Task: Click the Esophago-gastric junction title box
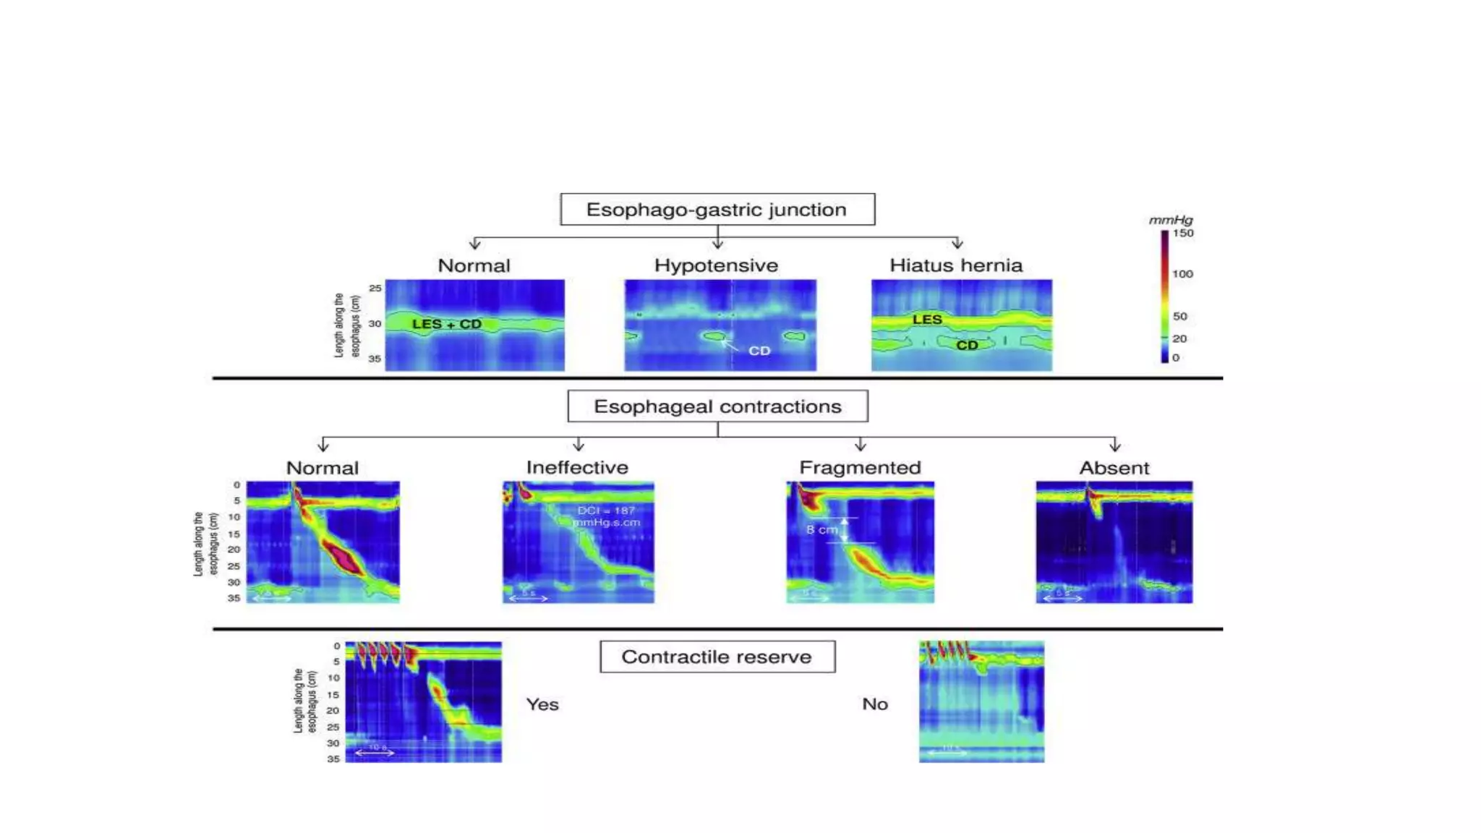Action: point(717,210)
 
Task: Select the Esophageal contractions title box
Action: point(717,406)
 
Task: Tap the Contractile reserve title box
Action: point(717,657)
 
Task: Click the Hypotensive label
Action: point(716,265)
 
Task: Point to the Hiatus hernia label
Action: point(956,265)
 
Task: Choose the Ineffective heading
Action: point(577,468)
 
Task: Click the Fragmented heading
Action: point(860,468)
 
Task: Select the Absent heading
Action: point(1114,468)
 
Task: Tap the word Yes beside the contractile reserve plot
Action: point(542,704)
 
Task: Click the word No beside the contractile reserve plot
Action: point(875,704)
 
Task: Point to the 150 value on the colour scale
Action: point(1183,233)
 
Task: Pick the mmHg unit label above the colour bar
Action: point(1171,220)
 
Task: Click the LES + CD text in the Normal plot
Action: point(447,324)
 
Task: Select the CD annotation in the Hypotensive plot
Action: point(759,351)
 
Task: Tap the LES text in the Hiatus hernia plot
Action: point(927,320)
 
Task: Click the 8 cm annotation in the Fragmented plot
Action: point(822,530)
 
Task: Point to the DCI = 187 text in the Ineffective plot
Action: point(606,511)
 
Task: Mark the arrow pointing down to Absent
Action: point(1114,444)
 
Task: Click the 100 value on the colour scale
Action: point(1183,274)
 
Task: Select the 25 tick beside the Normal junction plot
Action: point(375,288)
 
